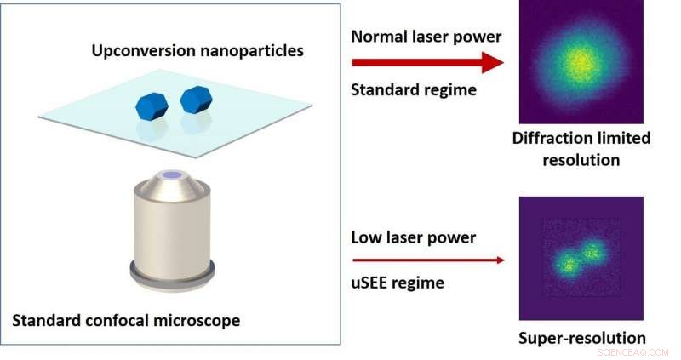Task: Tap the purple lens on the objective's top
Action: click(173, 175)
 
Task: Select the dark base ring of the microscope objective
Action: click(173, 274)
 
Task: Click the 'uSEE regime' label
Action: click(398, 283)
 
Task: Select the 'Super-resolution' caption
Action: click(581, 338)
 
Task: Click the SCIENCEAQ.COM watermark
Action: click(634, 351)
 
